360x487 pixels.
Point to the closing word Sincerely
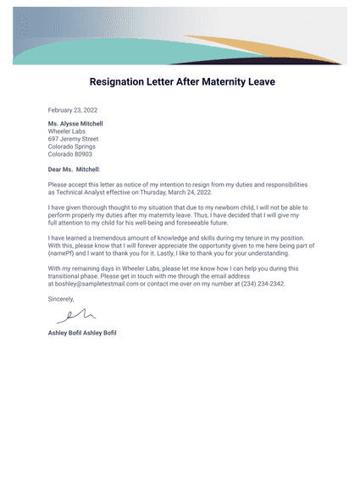62,299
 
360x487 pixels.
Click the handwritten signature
73,317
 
